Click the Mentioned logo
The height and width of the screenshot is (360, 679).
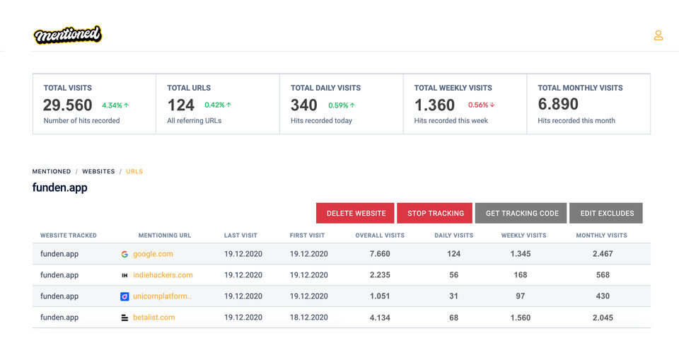click(x=68, y=35)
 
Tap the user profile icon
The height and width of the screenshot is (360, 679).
click(x=658, y=35)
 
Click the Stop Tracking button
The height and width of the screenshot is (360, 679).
click(x=436, y=213)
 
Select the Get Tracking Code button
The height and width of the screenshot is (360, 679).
click(x=522, y=213)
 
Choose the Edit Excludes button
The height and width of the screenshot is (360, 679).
click(x=607, y=213)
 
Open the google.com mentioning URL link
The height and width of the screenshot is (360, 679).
click(x=153, y=254)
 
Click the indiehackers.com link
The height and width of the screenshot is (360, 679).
click(x=163, y=275)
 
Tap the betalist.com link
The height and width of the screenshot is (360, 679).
click(x=153, y=318)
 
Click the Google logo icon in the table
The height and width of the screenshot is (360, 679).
click(x=124, y=254)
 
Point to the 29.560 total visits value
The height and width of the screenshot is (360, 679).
click(x=68, y=105)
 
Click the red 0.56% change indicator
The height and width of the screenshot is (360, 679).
click(x=481, y=105)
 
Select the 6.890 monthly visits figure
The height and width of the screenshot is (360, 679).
click(x=558, y=105)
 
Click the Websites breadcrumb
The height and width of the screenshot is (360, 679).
click(x=98, y=171)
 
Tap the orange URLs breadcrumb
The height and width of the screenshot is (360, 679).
click(x=134, y=171)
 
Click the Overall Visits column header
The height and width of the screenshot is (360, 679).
click(x=380, y=236)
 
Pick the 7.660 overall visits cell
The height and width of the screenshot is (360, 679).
click(x=380, y=254)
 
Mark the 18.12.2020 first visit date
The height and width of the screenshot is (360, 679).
click(x=308, y=318)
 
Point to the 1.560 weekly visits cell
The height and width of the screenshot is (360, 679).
click(x=520, y=318)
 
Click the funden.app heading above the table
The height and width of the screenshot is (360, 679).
click(x=60, y=188)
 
